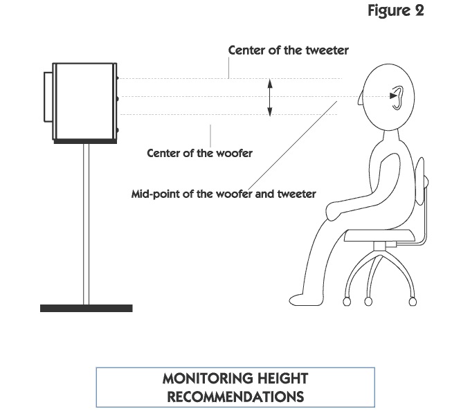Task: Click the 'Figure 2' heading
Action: click(396, 11)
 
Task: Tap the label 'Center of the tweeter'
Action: click(289, 51)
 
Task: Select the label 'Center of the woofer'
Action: click(199, 154)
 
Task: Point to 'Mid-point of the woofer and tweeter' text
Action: click(224, 194)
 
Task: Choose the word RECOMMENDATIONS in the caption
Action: click(235, 397)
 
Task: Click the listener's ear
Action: click(398, 98)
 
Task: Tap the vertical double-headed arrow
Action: click(270, 97)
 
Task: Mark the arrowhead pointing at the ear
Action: click(393, 96)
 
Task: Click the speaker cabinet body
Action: click(84, 101)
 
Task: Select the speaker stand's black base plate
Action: click(87, 308)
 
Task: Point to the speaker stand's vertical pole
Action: click(86, 224)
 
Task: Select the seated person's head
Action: click(388, 97)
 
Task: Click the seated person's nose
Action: click(360, 100)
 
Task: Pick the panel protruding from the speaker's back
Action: click(48, 97)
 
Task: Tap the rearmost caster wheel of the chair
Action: click(413, 301)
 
